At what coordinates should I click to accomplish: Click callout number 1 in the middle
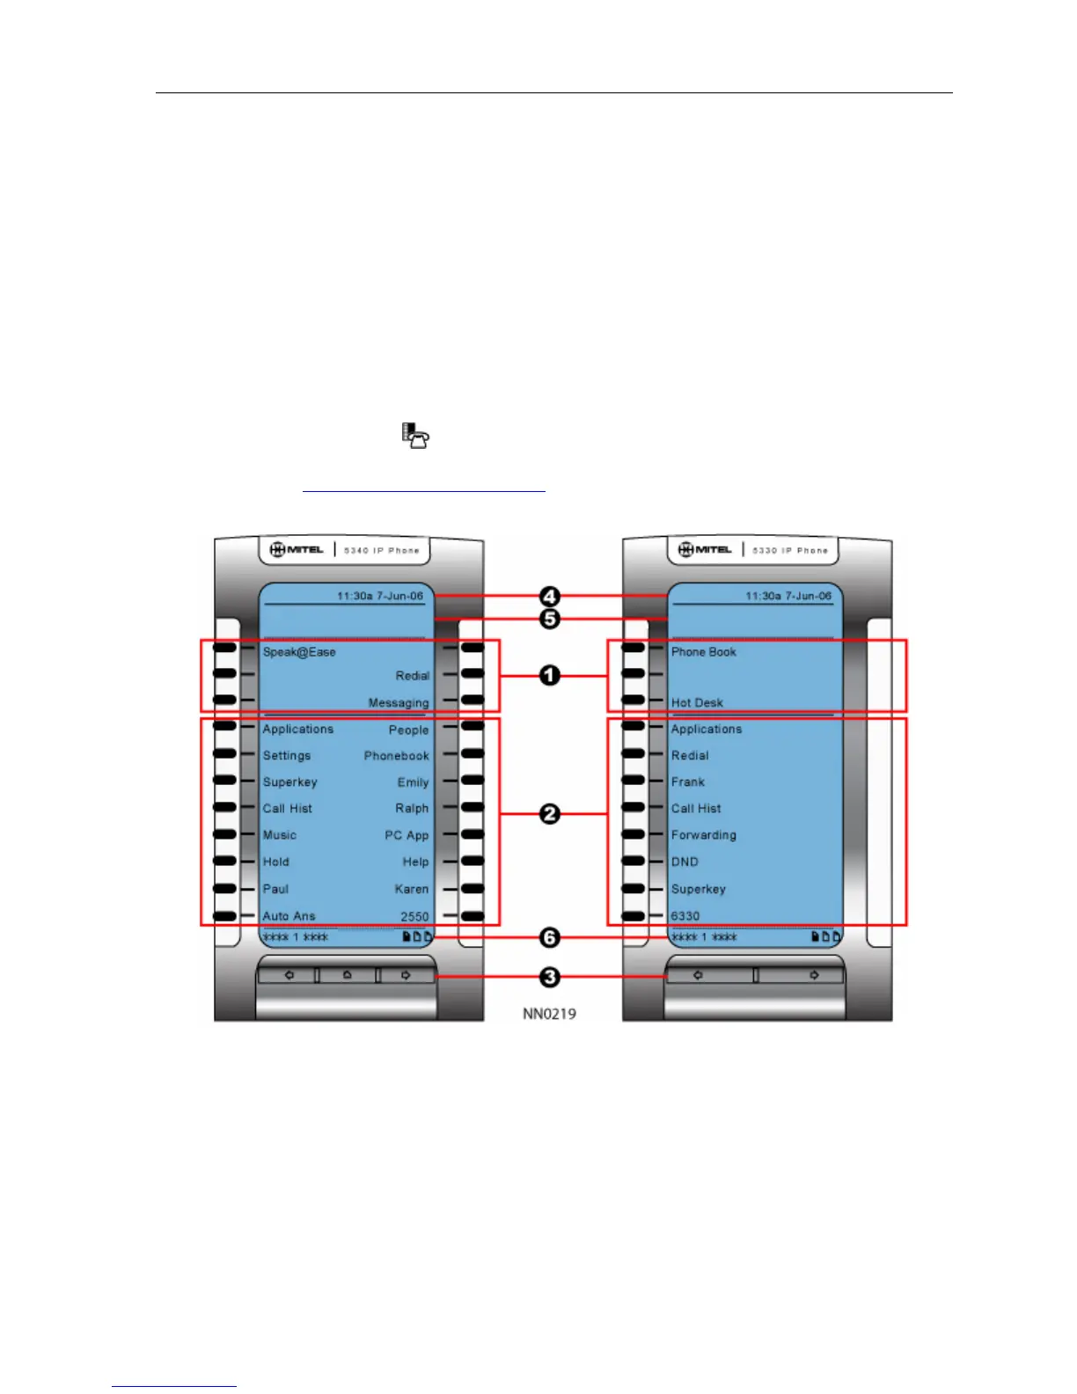549,676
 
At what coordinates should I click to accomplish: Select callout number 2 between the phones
549,814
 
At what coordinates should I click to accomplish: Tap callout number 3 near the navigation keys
549,977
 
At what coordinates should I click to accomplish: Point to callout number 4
549,597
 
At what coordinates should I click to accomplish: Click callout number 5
549,620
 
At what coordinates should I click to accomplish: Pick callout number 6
549,938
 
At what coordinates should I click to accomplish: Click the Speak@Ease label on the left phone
299,652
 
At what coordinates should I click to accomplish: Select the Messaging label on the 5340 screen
399,703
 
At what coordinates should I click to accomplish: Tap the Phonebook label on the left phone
396,756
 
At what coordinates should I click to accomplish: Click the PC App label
407,835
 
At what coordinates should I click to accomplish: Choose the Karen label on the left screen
412,889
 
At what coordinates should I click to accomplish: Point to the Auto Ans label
289,916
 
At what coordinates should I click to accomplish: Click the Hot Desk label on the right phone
697,703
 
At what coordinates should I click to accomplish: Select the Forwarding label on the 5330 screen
703,835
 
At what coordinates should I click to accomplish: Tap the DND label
685,862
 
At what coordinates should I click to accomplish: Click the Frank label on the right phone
688,781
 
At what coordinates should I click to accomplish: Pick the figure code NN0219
549,1014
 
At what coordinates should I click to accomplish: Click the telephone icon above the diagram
415,436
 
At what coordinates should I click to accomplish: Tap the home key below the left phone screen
347,975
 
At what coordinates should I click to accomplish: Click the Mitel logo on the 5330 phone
706,550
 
